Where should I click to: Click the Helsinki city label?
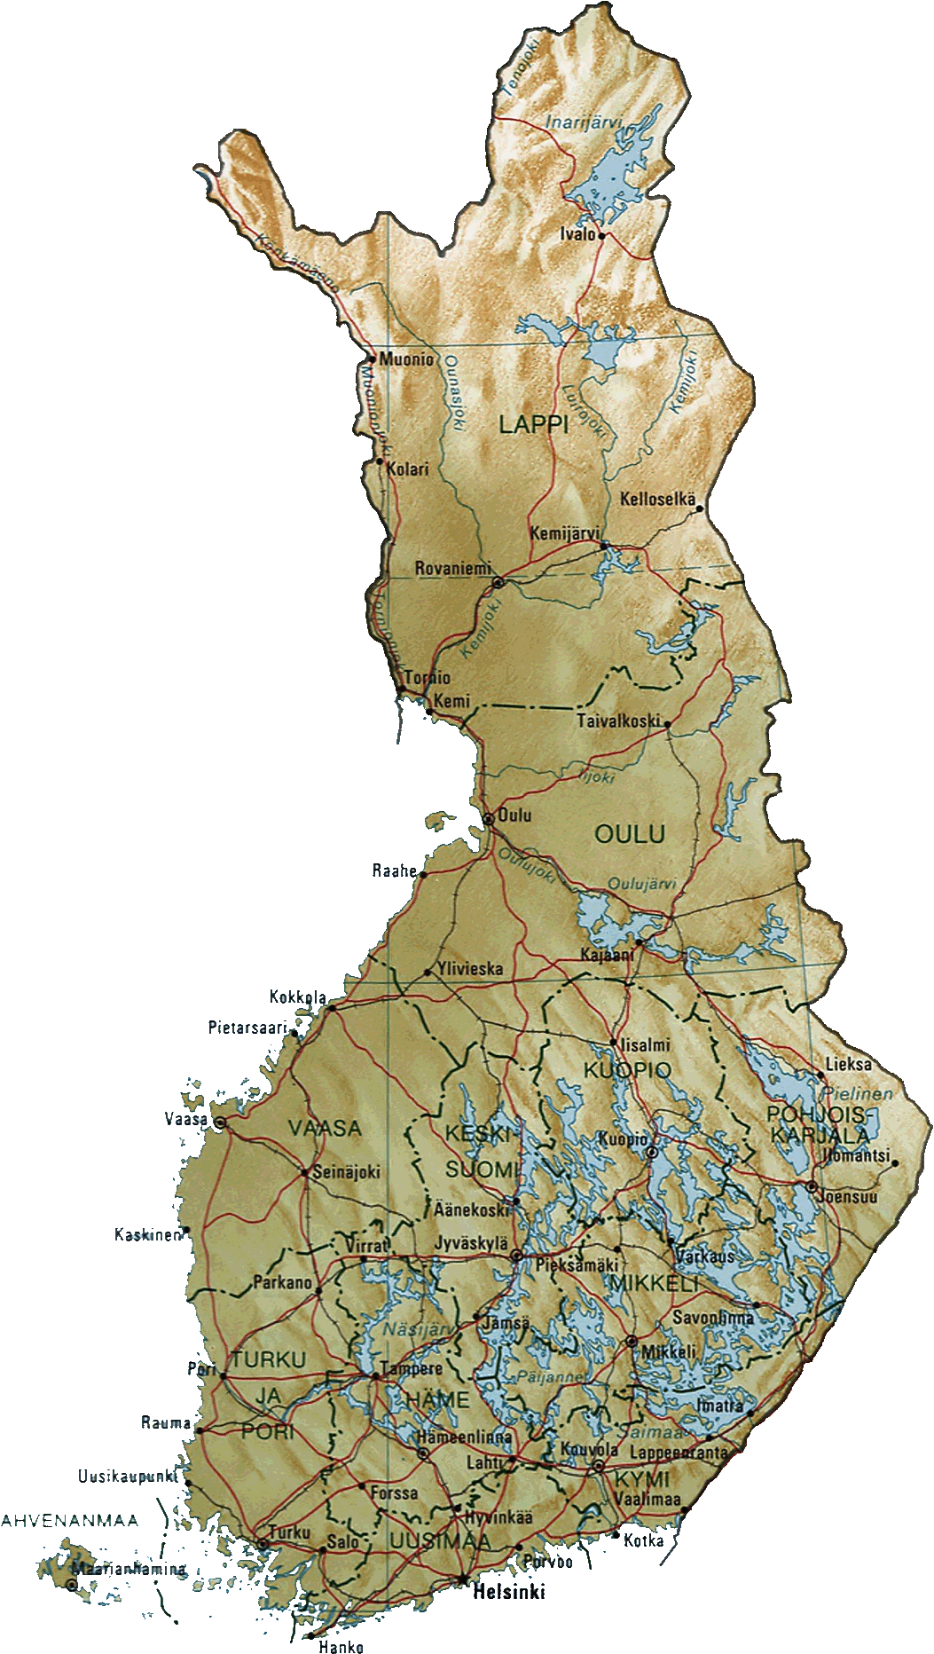click(x=509, y=1592)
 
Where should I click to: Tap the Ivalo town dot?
click(x=601, y=236)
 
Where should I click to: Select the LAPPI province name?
click(x=532, y=424)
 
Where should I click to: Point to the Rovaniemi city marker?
click(x=498, y=583)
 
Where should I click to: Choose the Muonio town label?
click(x=406, y=359)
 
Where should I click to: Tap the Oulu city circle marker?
click(x=488, y=819)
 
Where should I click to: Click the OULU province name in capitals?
click(x=630, y=834)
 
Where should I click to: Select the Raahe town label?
click(x=394, y=870)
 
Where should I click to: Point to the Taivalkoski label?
click(x=618, y=721)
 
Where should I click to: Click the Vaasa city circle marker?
click(x=220, y=1122)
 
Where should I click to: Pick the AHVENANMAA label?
click(x=70, y=1521)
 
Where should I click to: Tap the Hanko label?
click(x=341, y=1647)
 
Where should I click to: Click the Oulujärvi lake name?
click(x=642, y=884)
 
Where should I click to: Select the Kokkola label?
click(x=298, y=997)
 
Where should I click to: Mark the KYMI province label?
click(x=642, y=1479)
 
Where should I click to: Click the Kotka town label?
click(x=643, y=1540)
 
